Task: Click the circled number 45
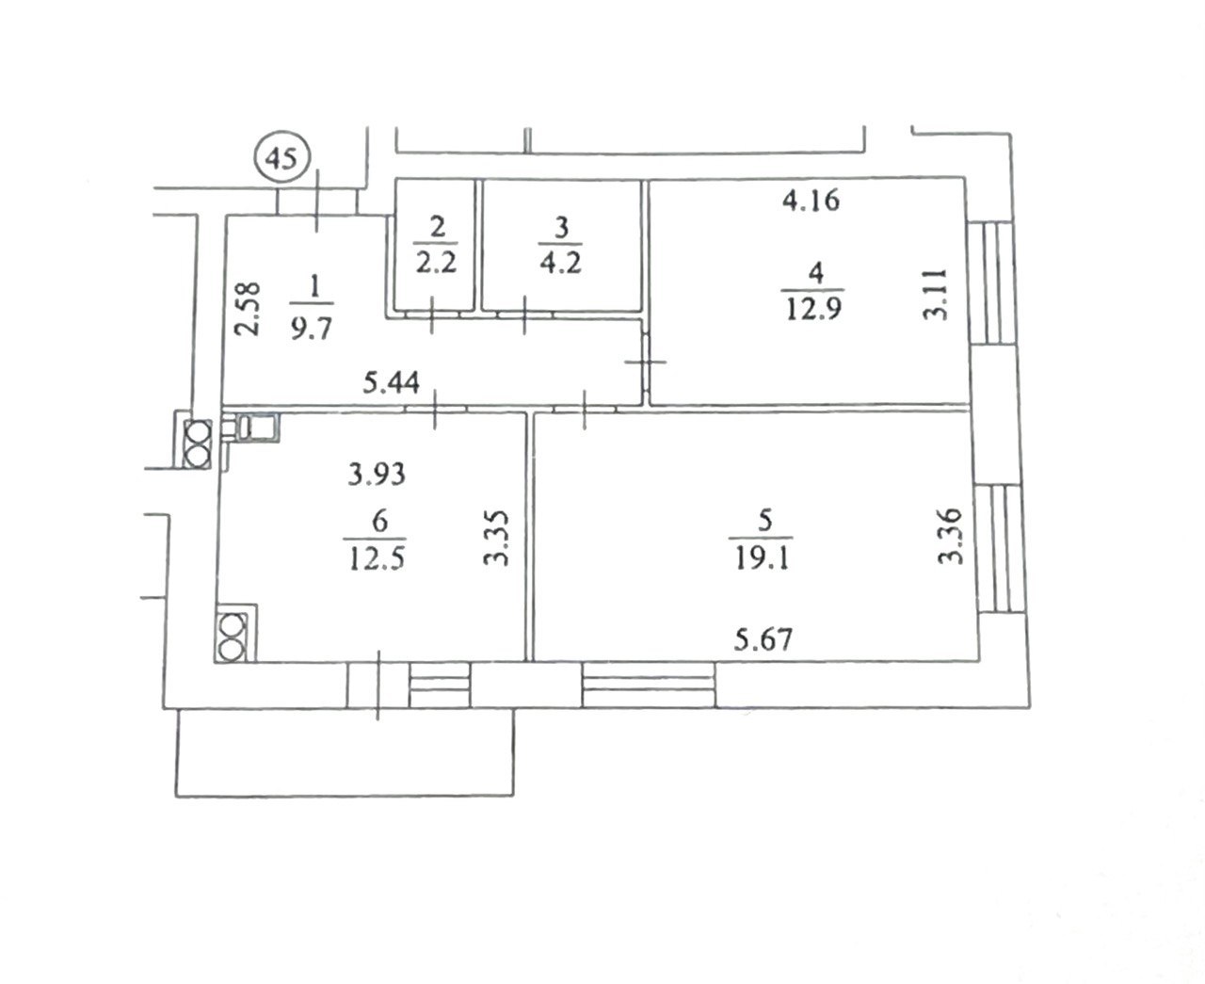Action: point(282,157)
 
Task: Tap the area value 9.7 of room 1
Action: point(312,331)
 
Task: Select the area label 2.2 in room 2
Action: point(436,264)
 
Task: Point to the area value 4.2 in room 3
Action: point(560,264)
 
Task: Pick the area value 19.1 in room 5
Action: point(762,559)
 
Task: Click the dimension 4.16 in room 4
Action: point(811,201)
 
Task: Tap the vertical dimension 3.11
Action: point(936,295)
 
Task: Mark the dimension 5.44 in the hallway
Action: point(392,382)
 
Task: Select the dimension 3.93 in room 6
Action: point(377,475)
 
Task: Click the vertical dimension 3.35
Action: point(495,539)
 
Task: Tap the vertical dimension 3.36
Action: point(951,537)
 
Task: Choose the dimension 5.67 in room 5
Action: point(763,639)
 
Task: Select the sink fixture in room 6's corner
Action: point(251,427)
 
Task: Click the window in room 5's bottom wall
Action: point(649,685)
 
